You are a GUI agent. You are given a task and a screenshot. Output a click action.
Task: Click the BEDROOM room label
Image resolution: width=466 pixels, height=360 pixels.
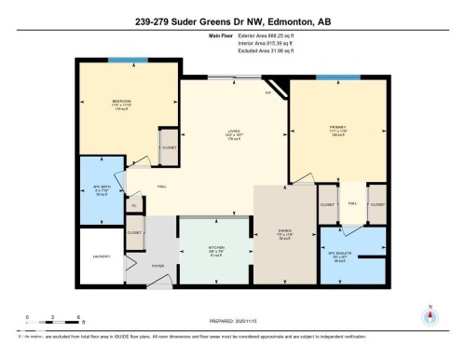[x=121, y=101]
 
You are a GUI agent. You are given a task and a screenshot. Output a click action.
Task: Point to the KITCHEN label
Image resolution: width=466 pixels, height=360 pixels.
[x=215, y=247]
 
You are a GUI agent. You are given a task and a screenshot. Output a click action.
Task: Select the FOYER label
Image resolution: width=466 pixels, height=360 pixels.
[x=158, y=266]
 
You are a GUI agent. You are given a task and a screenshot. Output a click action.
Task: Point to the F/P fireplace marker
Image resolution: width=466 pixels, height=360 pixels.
[x=267, y=92]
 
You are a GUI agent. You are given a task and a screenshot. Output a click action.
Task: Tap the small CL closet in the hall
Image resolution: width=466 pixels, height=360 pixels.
[x=134, y=205]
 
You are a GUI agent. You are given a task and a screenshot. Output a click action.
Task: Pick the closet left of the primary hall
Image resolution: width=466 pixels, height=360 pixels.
[x=327, y=203]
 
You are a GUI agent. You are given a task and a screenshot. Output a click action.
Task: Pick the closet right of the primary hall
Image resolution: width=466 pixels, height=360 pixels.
[x=377, y=203]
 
